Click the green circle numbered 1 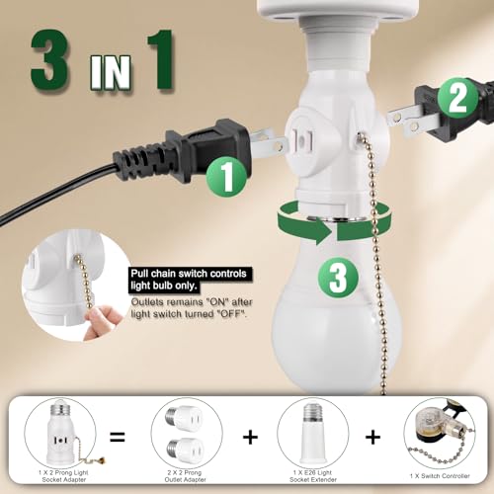click(x=228, y=178)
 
